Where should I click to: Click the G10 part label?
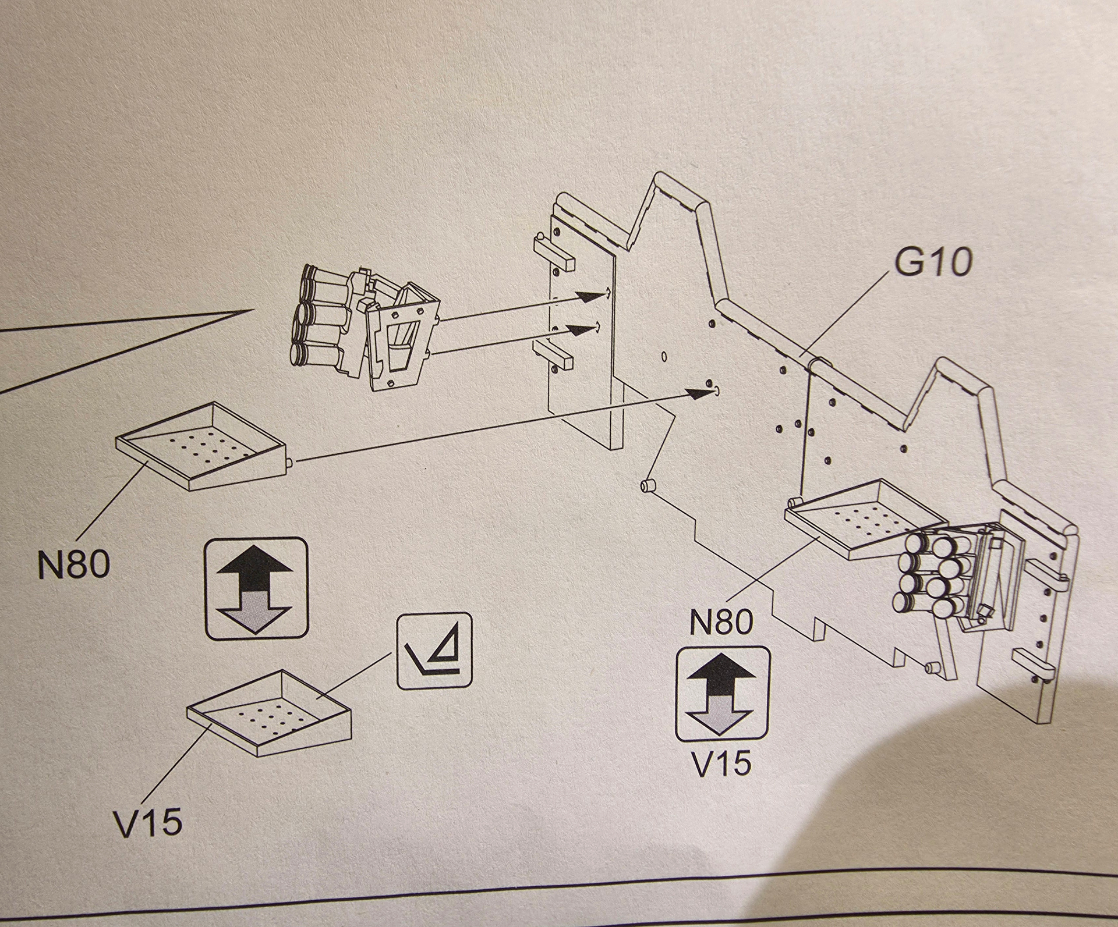[933, 264]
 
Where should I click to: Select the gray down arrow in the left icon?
[256, 611]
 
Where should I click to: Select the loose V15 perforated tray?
[271, 710]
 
